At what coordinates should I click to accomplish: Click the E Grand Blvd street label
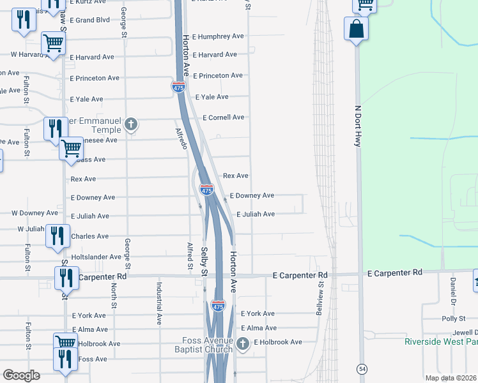point(90,20)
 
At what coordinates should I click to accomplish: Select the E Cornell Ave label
point(224,117)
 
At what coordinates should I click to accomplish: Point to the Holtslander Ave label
point(95,257)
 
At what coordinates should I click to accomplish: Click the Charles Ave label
point(90,236)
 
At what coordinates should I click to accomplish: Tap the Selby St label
point(204,262)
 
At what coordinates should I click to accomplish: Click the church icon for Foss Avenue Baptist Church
point(242,344)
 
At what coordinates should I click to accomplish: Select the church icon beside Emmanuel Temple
point(131,124)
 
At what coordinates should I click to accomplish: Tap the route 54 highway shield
point(362,369)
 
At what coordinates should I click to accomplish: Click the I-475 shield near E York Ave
point(218,306)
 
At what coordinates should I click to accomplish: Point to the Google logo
point(22,375)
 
